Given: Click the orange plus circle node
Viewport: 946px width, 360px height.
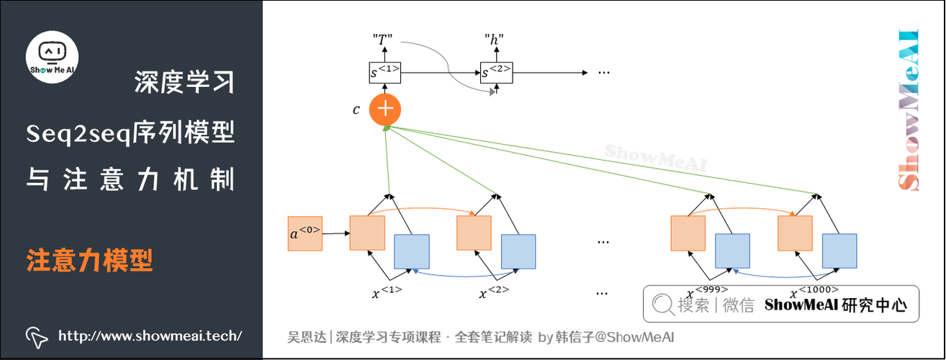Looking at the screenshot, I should point(385,109).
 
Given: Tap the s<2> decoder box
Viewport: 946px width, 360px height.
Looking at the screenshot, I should point(495,71).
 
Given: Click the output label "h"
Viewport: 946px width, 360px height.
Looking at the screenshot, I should point(495,40).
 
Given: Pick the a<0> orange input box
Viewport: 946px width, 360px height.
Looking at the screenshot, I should point(305,233).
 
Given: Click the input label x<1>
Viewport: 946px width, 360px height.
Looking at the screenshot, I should point(387,292).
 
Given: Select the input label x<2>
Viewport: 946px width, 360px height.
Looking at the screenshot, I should point(494,292).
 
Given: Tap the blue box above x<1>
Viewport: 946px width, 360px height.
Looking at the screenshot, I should point(412,252).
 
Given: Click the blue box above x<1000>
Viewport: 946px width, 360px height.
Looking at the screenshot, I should point(839,251).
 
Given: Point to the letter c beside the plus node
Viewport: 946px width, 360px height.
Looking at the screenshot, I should point(356,110).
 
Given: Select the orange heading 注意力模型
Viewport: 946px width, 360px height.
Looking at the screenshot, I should point(90,260).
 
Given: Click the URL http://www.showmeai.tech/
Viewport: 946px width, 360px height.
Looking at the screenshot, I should point(149,336).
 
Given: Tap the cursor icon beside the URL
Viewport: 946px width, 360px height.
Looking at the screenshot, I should point(36,336).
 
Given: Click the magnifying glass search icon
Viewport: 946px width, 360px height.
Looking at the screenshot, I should point(662,305).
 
